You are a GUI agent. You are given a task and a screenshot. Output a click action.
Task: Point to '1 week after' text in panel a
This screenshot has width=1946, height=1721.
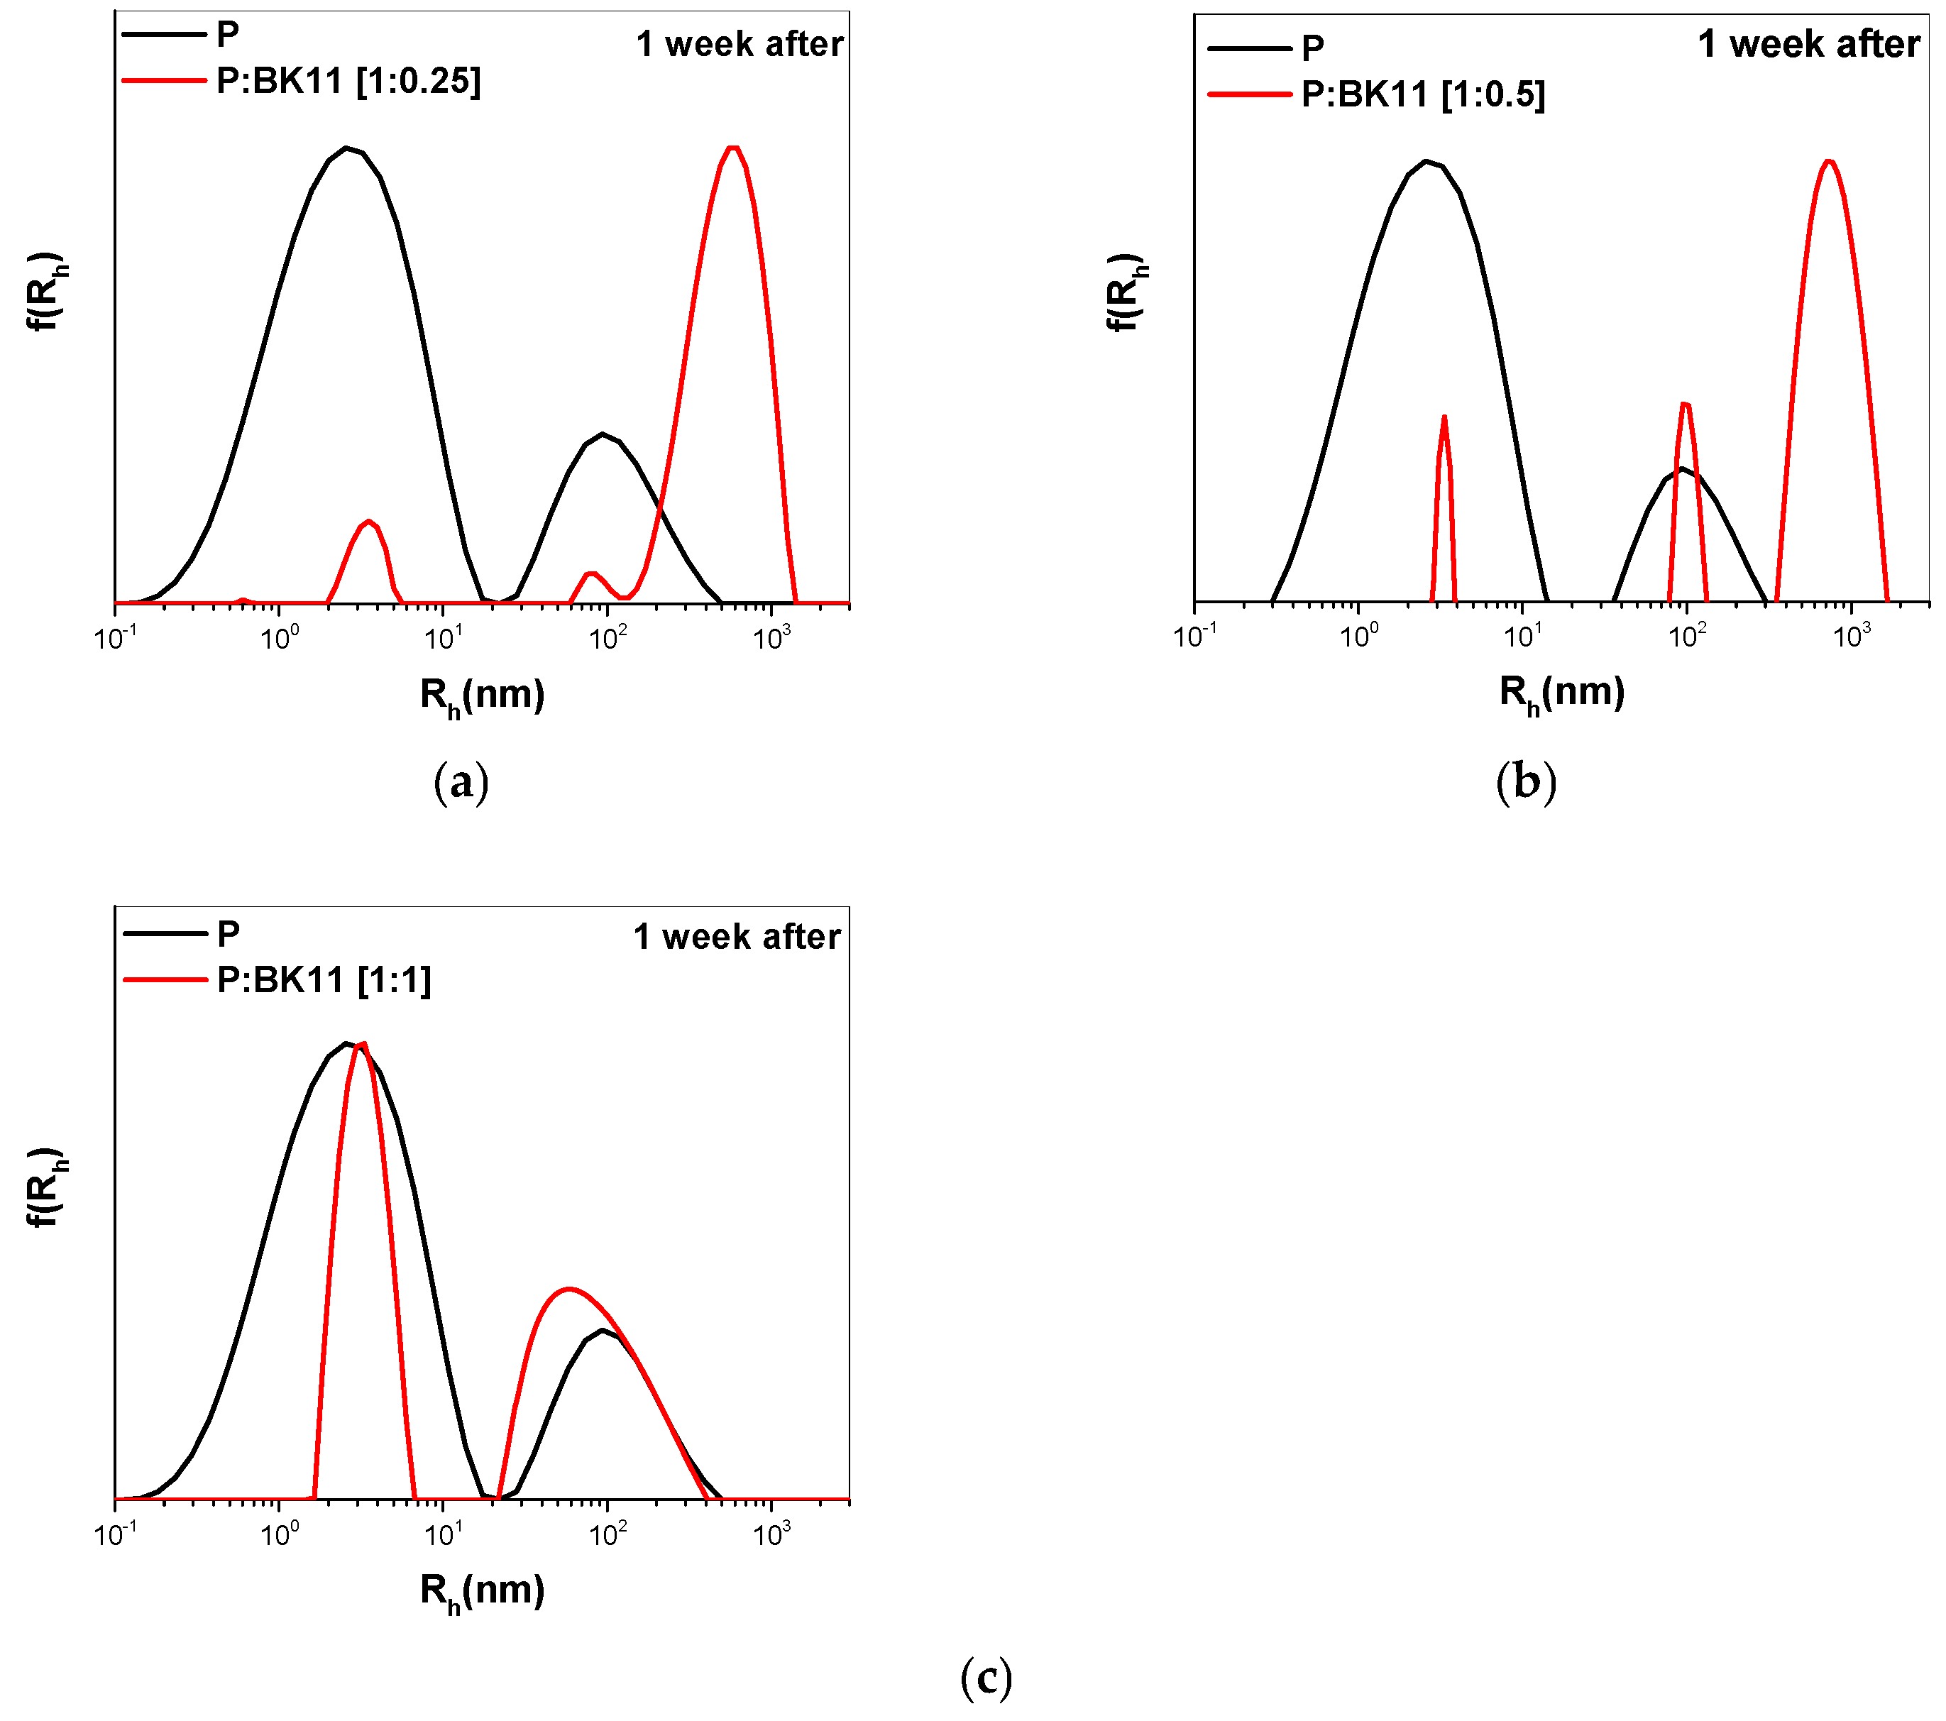point(739,45)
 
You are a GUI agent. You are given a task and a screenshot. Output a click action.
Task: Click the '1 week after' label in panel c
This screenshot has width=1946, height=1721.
point(736,937)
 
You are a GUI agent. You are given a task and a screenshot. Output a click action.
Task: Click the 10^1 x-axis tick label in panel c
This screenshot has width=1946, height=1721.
point(443,1534)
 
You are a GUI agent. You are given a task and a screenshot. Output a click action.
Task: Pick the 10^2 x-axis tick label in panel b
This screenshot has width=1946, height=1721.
point(1686,636)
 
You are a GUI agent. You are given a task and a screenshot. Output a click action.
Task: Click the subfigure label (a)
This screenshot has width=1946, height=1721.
point(461,783)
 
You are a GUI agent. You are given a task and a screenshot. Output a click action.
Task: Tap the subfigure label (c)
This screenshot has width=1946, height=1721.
point(985,1678)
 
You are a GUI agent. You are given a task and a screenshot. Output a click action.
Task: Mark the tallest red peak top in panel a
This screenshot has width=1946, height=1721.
point(732,148)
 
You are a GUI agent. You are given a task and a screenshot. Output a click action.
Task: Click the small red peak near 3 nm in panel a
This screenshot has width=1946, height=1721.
point(368,521)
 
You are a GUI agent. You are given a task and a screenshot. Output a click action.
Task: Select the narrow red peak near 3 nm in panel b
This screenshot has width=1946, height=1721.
point(1444,417)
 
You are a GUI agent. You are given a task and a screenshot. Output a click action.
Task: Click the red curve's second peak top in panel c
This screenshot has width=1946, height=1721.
point(569,1289)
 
